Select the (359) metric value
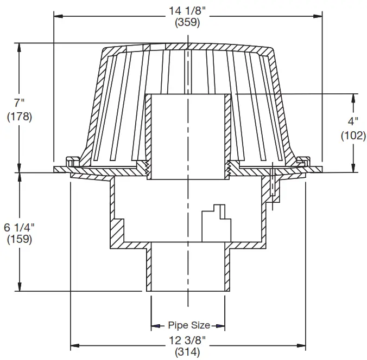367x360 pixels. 188,23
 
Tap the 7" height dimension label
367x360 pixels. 20,102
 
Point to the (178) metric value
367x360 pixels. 20,116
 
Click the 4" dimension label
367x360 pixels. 353,122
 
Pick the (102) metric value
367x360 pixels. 353,136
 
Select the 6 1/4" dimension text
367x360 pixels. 20,224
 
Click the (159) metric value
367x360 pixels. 20,239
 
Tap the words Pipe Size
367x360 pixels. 188,325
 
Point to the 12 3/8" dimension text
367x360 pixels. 188,341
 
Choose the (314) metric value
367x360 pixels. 188,352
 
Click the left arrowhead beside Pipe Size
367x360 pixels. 155,326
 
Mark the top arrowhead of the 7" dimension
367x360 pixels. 20,47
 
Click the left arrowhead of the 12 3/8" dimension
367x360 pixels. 75,345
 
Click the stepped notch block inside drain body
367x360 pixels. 214,222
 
